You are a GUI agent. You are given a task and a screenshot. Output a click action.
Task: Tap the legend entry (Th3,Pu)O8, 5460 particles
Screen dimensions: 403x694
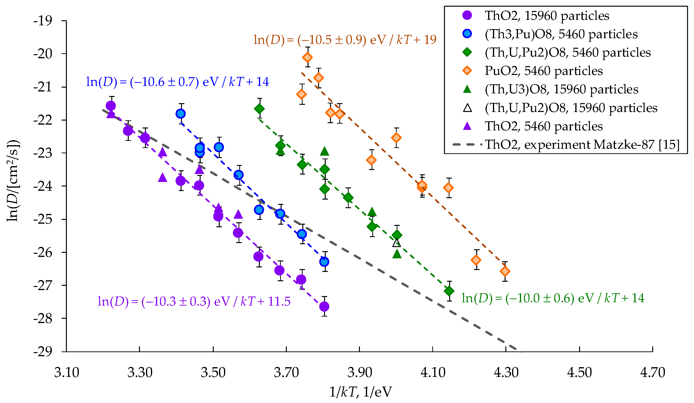pos(561,34)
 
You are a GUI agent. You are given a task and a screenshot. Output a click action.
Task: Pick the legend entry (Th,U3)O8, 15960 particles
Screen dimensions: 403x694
pos(561,89)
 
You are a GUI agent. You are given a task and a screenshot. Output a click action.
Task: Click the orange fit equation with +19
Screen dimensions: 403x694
pos(345,40)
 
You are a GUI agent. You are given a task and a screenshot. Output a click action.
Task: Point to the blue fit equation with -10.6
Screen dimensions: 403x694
pos(178,82)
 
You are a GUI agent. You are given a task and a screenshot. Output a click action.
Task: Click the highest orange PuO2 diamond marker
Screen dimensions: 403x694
pos(307,57)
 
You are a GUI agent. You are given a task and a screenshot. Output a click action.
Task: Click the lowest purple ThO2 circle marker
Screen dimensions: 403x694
pos(324,306)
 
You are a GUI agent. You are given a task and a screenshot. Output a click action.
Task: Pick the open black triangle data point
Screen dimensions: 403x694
pos(396,243)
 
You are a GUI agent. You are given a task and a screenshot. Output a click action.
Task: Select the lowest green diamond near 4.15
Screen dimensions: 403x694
pos(449,291)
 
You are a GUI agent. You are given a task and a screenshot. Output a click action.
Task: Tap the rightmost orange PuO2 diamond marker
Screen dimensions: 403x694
pos(505,271)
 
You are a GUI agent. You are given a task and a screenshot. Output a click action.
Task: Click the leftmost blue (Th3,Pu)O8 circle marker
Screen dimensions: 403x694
pos(181,113)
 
